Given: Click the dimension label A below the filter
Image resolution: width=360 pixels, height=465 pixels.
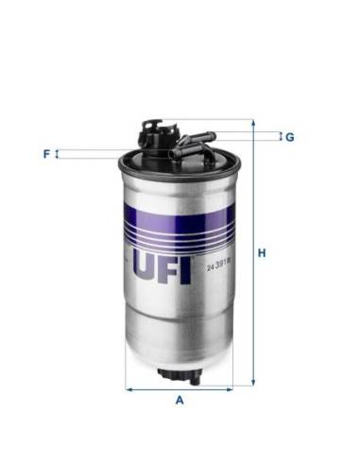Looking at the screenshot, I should click(x=180, y=400).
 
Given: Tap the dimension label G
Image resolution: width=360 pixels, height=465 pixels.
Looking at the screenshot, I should click(x=290, y=137).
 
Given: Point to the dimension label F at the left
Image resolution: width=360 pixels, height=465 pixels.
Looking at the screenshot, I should click(x=44, y=153).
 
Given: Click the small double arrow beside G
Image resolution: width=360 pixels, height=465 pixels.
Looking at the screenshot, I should click(x=280, y=137).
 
